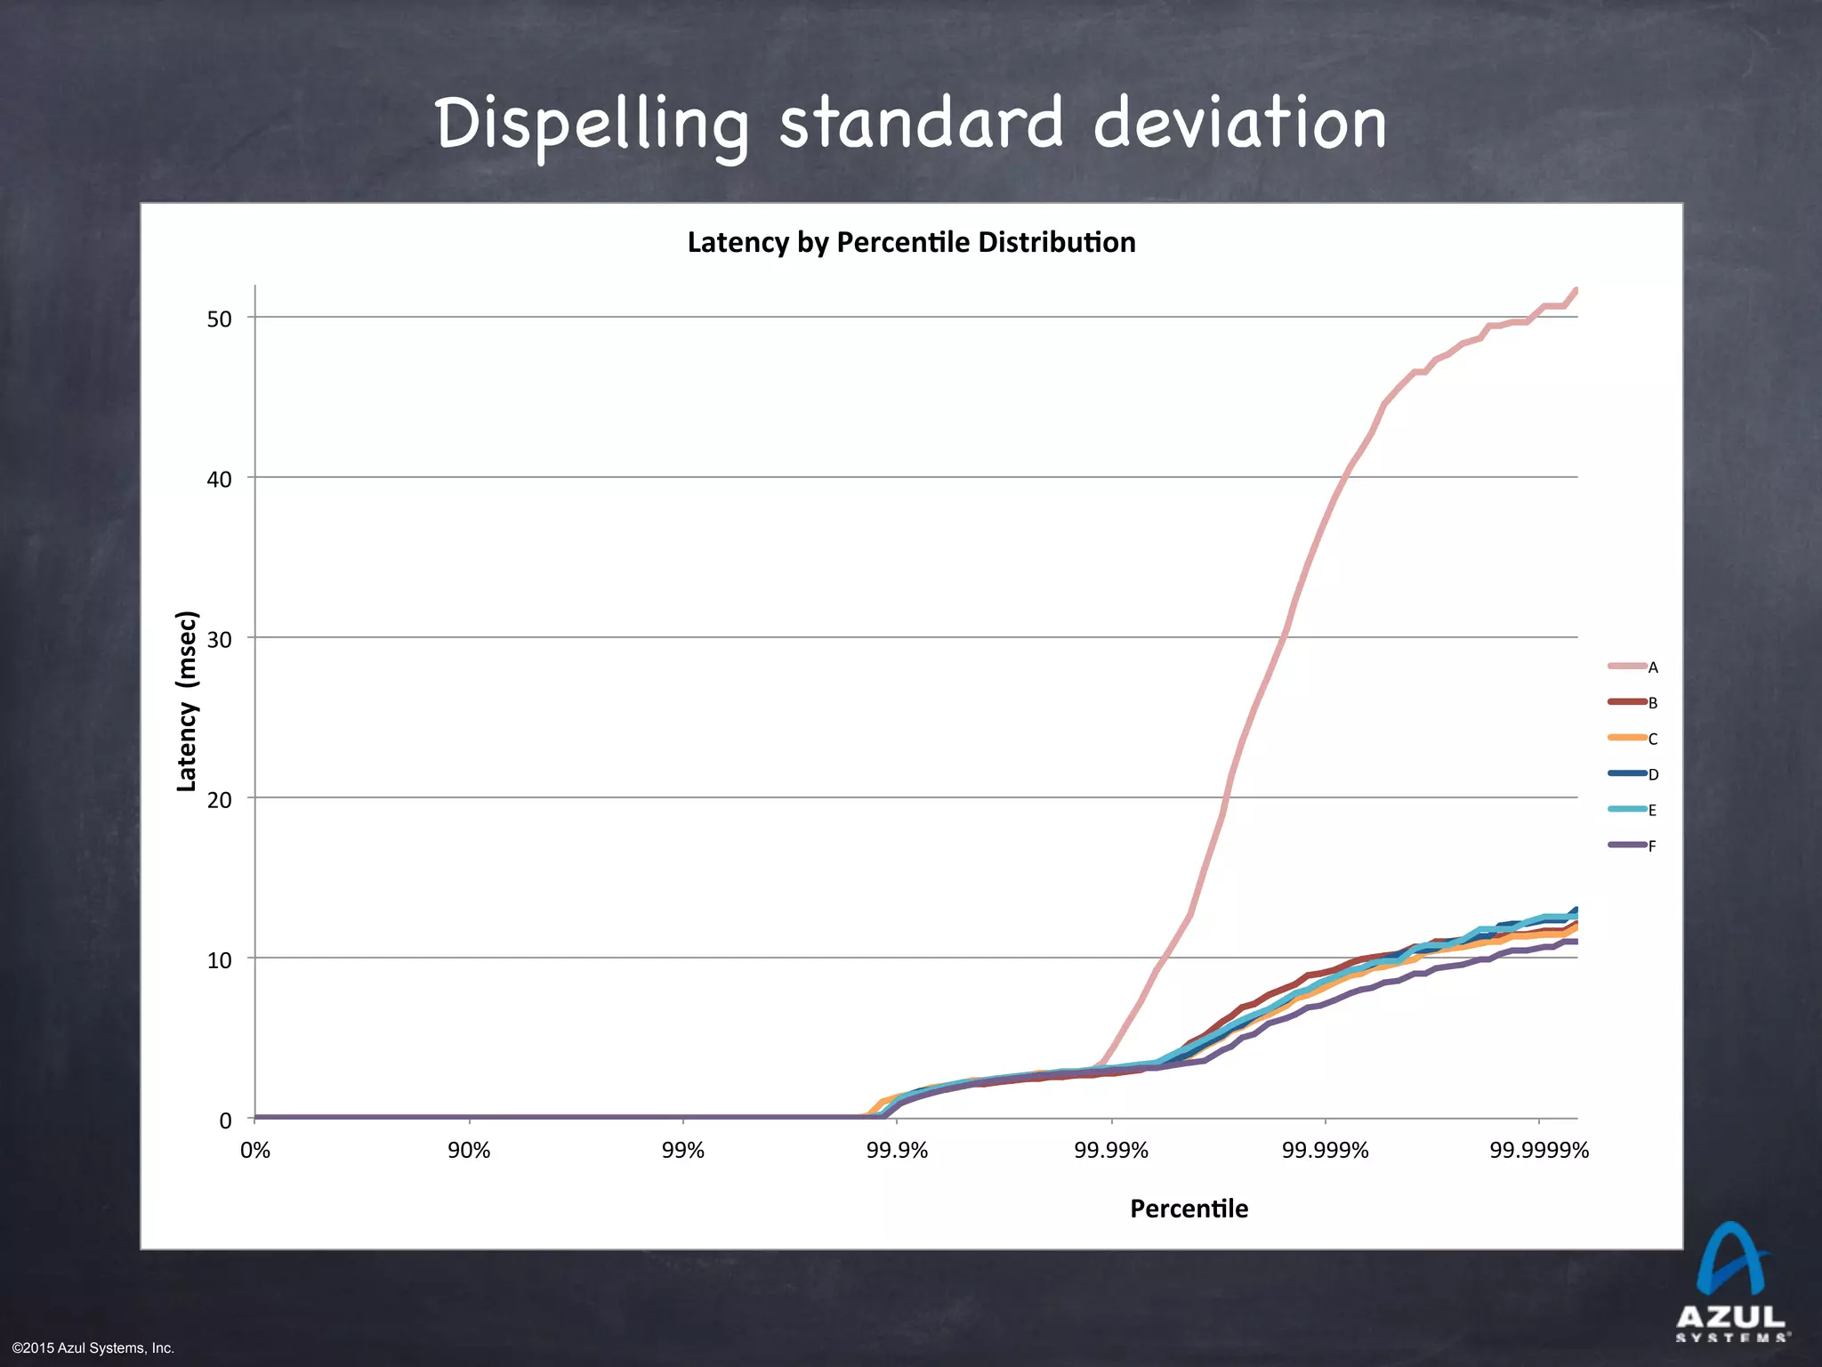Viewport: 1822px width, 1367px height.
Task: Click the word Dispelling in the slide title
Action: point(592,125)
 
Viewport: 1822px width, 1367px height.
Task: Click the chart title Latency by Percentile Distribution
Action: point(911,242)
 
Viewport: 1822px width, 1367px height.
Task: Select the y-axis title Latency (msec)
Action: point(187,701)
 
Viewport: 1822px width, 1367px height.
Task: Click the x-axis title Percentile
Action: point(1189,1209)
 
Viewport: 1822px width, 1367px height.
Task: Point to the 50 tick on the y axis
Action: point(219,320)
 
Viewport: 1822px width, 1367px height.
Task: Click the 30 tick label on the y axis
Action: point(219,640)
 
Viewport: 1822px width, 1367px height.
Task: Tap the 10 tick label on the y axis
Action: point(219,960)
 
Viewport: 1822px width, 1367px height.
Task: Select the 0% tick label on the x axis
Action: point(255,1151)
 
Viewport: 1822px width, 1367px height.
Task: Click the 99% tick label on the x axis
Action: point(683,1151)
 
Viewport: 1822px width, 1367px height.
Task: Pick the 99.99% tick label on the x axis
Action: point(1111,1151)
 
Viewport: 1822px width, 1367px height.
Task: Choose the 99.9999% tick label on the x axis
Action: point(1539,1151)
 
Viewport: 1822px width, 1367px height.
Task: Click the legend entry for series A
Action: point(1633,667)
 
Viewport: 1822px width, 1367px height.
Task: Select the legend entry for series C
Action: point(1633,739)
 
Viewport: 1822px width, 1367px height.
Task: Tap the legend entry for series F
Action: point(1633,845)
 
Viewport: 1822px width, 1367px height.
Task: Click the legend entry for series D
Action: point(1633,774)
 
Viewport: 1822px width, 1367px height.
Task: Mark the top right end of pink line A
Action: point(1576,290)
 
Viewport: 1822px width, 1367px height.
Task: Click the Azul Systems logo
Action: point(1731,1282)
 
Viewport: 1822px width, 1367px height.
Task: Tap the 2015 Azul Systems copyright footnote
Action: point(93,1348)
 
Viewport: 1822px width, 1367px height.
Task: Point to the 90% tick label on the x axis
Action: point(469,1151)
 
